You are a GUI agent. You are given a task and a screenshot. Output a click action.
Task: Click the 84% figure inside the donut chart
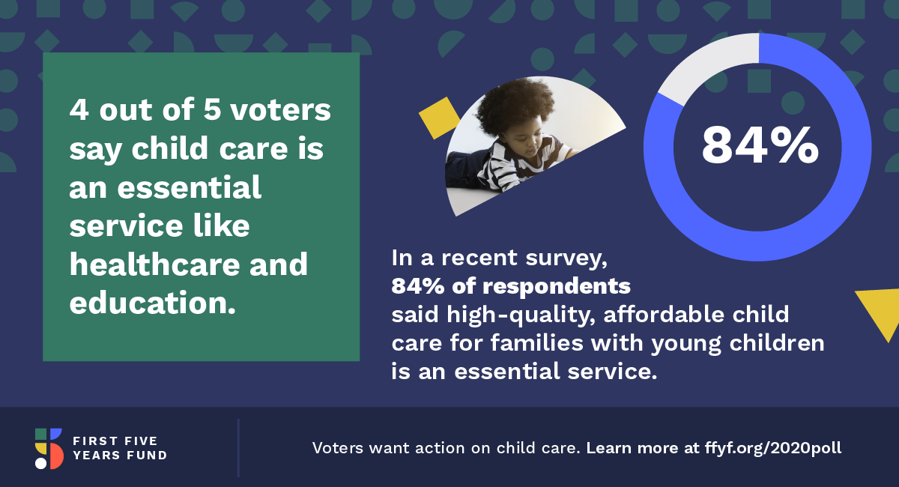tap(760, 145)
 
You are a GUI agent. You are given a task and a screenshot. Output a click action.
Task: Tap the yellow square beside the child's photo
tap(439, 118)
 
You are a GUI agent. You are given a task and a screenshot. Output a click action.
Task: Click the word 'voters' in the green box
tap(280, 110)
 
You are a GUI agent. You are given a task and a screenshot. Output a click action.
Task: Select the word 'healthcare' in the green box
tap(154, 264)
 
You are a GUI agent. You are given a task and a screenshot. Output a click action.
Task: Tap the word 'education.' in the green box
tap(152, 303)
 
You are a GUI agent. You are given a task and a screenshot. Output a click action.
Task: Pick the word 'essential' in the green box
tap(189, 187)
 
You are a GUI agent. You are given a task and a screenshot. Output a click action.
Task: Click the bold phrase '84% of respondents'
tap(511, 286)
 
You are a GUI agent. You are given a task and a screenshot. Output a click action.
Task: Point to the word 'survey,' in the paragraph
tap(566, 259)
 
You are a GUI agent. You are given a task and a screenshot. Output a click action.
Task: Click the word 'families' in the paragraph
tap(536, 343)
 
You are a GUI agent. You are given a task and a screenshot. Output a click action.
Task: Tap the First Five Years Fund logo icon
tap(49, 449)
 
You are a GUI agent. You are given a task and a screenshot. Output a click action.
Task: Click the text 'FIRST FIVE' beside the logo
tap(115, 441)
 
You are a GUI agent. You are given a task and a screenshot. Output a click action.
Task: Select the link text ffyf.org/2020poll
tap(773, 448)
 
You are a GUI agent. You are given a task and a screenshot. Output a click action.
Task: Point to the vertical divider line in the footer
tap(238, 448)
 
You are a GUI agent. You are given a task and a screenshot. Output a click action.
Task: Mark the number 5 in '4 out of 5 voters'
tap(212, 109)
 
